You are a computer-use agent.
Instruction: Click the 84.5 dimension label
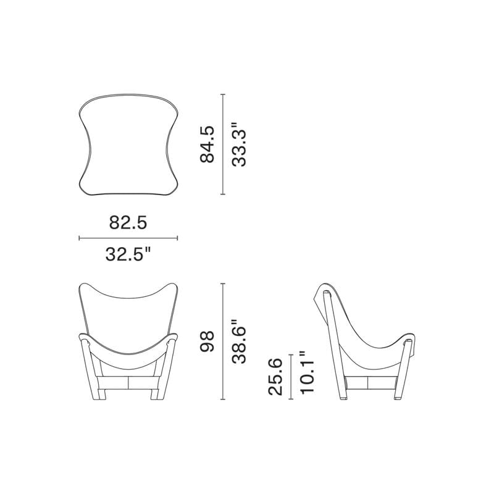point(207,144)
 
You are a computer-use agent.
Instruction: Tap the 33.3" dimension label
point(238,144)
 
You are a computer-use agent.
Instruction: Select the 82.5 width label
point(128,222)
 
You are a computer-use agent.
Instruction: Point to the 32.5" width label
point(128,254)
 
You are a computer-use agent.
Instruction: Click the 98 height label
point(207,341)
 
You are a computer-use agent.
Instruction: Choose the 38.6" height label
point(238,341)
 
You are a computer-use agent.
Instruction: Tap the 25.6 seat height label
point(275,377)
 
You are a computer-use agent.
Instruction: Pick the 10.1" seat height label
point(306,372)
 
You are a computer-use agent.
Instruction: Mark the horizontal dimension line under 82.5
point(128,238)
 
